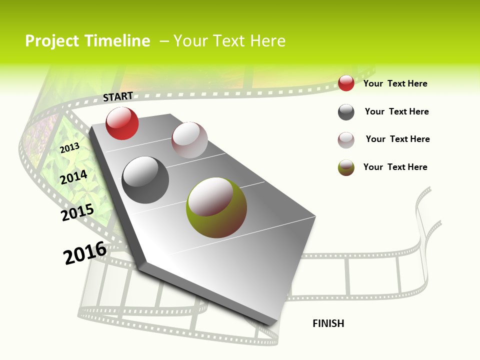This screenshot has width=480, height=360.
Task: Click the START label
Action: tap(118, 96)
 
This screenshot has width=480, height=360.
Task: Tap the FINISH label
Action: tap(328, 323)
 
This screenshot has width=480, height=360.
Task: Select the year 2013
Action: tap(69, 148)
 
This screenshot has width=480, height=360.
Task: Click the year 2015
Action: tap(77, 212)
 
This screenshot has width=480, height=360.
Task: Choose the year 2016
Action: tap(85, 253)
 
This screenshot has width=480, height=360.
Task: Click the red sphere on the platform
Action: tap(122, 123)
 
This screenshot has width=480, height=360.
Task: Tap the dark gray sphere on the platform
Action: tap(145, 179)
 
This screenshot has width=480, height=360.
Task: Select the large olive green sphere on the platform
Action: tap(216, 207)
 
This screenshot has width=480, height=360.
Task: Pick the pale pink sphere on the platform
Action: tap(189, 140)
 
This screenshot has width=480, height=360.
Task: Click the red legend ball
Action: tap(346, 83)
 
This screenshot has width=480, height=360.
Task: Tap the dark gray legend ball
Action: tap(346, 112)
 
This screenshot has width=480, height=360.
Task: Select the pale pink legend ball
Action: tap(346, 140)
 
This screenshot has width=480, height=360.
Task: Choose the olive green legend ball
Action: tap(346, 167)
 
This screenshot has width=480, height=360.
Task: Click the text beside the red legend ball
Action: tap(395, 83)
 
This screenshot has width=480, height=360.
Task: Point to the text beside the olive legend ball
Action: tap(395, 167)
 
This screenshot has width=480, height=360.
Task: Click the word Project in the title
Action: tap(51, 41)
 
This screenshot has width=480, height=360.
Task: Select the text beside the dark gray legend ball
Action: tap(396, 111)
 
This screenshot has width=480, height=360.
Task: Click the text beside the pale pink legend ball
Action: tap(397, 139)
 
